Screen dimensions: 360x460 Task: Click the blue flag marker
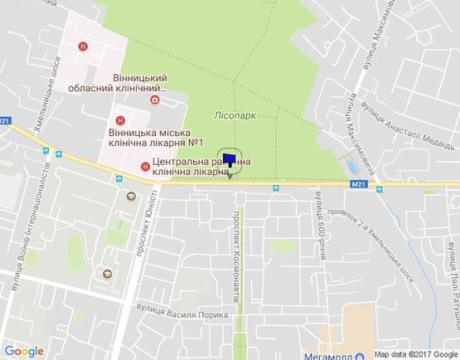[x=230, y=158]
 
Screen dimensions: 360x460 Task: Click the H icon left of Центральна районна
[x=146, y=166]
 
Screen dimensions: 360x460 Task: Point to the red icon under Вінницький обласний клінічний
[x=154, y=100]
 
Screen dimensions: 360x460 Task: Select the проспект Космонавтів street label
[x=236, y=249]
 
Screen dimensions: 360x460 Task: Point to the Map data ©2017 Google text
[x=414, y=353]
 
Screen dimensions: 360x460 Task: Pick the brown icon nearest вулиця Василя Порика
[x=105, y=274]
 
